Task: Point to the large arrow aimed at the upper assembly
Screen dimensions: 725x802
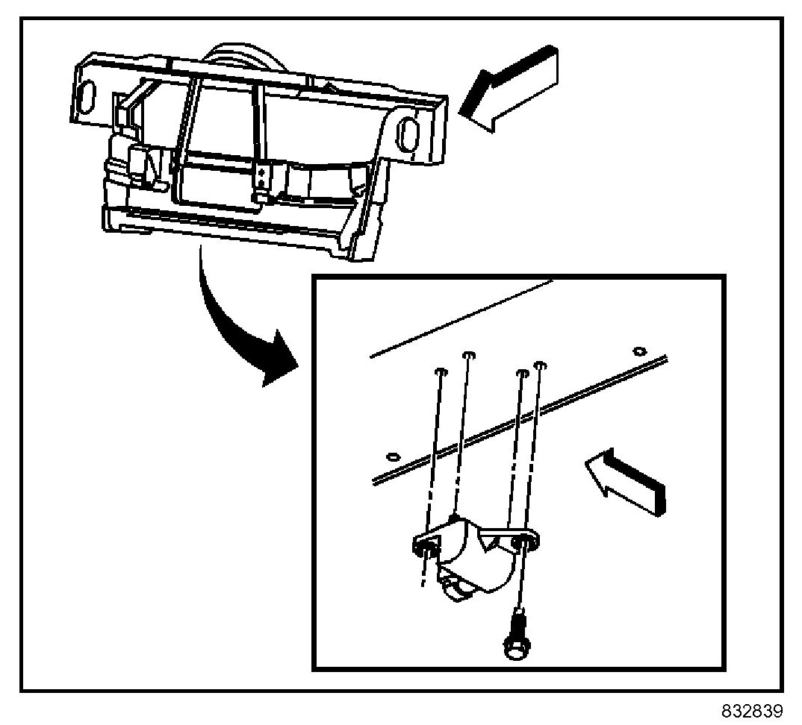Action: tap(509, 89)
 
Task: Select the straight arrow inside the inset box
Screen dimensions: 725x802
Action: tap(626, 480)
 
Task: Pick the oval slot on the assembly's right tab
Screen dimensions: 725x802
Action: tap(408, 135)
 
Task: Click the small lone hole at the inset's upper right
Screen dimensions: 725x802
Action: tap(638, 351)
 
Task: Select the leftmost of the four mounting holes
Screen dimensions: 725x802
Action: tap(441, 371)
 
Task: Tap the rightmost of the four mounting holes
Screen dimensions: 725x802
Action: tap(541, 365)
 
